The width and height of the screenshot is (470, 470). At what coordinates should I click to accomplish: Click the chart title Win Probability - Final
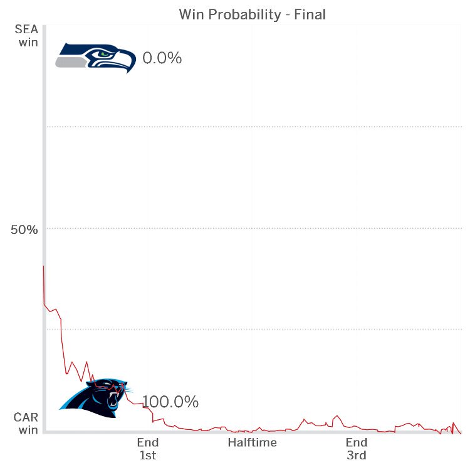253,14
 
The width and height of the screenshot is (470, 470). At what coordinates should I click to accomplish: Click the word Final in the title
310,14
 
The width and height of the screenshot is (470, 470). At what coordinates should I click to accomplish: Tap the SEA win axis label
27,36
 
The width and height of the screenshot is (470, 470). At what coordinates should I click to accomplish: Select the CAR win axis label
26,423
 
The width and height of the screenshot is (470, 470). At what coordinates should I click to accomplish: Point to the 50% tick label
24,229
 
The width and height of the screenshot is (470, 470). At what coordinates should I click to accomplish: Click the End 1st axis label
148,449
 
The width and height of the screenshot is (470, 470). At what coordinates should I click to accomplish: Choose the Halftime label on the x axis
253,442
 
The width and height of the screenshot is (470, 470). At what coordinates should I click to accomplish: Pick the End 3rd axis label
357,449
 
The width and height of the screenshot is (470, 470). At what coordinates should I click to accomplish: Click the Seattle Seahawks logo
96,58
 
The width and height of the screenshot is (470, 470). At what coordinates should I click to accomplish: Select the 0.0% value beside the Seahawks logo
162,58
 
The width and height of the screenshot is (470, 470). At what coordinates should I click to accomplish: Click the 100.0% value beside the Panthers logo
170,402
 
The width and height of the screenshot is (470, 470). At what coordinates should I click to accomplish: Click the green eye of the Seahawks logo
105,54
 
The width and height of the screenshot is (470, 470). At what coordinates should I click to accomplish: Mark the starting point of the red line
44,266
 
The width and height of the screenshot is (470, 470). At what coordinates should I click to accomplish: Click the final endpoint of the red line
461,434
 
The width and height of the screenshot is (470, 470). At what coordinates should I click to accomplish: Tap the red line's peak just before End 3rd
337,415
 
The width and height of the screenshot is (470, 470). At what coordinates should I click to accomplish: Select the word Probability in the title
245,14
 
